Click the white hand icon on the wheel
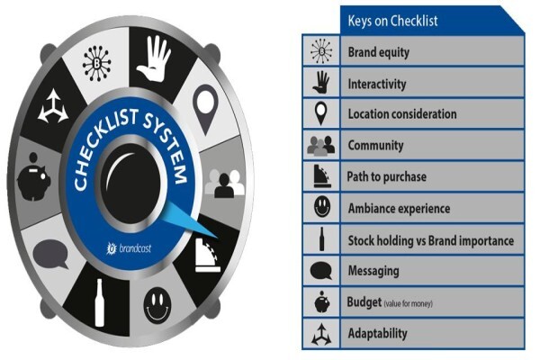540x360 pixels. coord(153,58)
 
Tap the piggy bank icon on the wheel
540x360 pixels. coord(34,176)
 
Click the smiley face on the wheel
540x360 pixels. coord(157,306)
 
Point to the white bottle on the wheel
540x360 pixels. coord(100,302)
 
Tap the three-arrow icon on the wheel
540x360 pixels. coord(53,106)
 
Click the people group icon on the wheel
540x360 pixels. coord(224,184)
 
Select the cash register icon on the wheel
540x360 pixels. coord(208,256)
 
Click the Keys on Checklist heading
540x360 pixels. coord(392,21)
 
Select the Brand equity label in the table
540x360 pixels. coord(379,52)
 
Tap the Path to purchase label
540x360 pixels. coord(386,176)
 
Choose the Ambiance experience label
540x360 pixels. coord(399,209)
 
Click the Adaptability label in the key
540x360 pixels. coord(377,333)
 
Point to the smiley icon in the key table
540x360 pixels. coord(322,207)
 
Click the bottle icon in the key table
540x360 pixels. coord(321,238)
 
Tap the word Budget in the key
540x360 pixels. coord(364,301)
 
